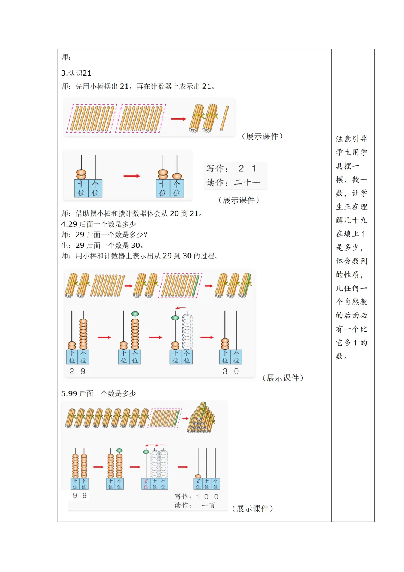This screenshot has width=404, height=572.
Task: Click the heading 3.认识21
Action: pyautogui.click(x=76, y=73)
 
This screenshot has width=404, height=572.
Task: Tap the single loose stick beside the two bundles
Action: pyautogui.click(x=224, y=118)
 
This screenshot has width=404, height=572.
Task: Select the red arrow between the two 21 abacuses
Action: pyautogui.click(x=132, y=176)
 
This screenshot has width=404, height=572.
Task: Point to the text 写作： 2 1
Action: pyautogui.click(x=232, y=168)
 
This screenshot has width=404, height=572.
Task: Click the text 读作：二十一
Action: pyautogui.click(x=233, y=183)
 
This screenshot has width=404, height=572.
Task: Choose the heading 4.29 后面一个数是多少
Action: pyautogui.click(x=98, y=224)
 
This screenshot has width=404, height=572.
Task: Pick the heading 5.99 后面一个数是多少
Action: pyautogui.click(x=98, y=393)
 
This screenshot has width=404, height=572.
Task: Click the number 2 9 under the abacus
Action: pyautogui.click(x=77, y=371)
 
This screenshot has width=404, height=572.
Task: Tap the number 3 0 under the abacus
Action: pyautogui.click(x=230, y=371)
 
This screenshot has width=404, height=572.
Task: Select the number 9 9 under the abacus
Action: pyautogui.click(x=80, y=495)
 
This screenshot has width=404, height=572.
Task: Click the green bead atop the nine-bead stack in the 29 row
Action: pyautogui.click(x=135, y=314)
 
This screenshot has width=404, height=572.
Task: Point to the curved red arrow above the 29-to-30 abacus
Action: pyautogui.click(x=181, y=308)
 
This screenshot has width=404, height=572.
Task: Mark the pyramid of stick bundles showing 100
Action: pyautogui.click(x=202, y=419)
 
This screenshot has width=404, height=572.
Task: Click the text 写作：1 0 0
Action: pyautogui.click(x=196, y=497)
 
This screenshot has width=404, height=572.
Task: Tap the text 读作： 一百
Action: pyautogui.click(x=195, y=505)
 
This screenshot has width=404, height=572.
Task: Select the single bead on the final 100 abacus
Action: pyautogui.click(x=198, y=476)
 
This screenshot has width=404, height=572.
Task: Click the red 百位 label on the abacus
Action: pyautogui.click(x=146, y=484)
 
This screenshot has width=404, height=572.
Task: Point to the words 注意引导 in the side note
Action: pyautogui.click(x=351, y=139)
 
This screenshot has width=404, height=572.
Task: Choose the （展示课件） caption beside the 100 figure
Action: pyautogui.click(x=252, y=509)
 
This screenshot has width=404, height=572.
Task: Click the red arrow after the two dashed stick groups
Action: pyautogui.click(x=178, y=119)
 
